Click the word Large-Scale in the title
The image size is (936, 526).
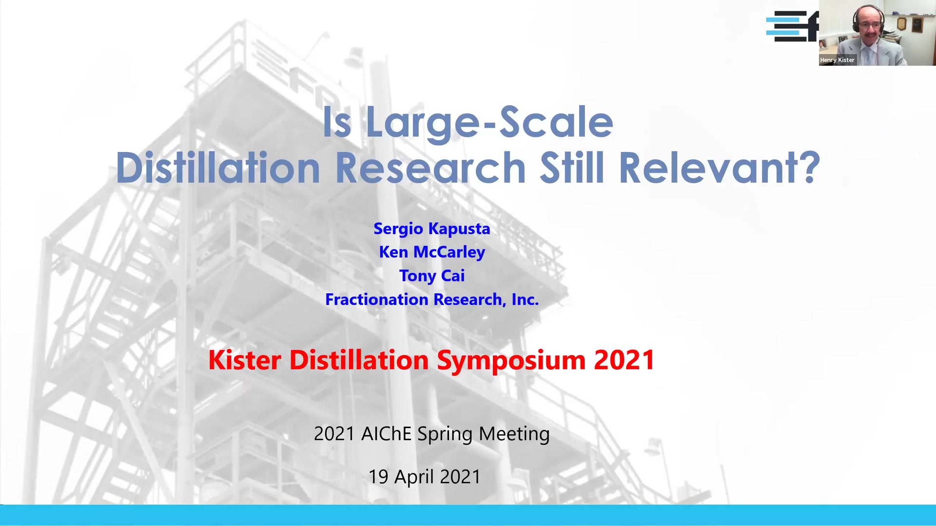(x=489, y=123)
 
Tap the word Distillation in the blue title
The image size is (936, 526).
(x=218, y=168)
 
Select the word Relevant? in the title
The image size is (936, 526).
(x=720, y=168)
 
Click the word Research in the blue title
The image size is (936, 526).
(x=431, y=168)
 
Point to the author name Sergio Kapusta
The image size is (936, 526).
(x=432, y=229)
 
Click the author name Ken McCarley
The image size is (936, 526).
(x=432, y=252)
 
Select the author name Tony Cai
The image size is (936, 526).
(x=432, y=276)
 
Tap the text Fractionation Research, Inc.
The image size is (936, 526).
(x=432, y=299)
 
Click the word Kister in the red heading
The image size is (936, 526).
(x=245, y=360)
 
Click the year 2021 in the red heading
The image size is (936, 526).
(x=624, y=360)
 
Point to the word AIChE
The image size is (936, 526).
(x=386, y=433)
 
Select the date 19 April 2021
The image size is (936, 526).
(x=425, y=476)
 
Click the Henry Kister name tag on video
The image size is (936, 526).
(x=837, y=60)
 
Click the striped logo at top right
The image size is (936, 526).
(x=792, y=26)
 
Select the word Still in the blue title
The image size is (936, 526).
(x=572, y=168)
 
